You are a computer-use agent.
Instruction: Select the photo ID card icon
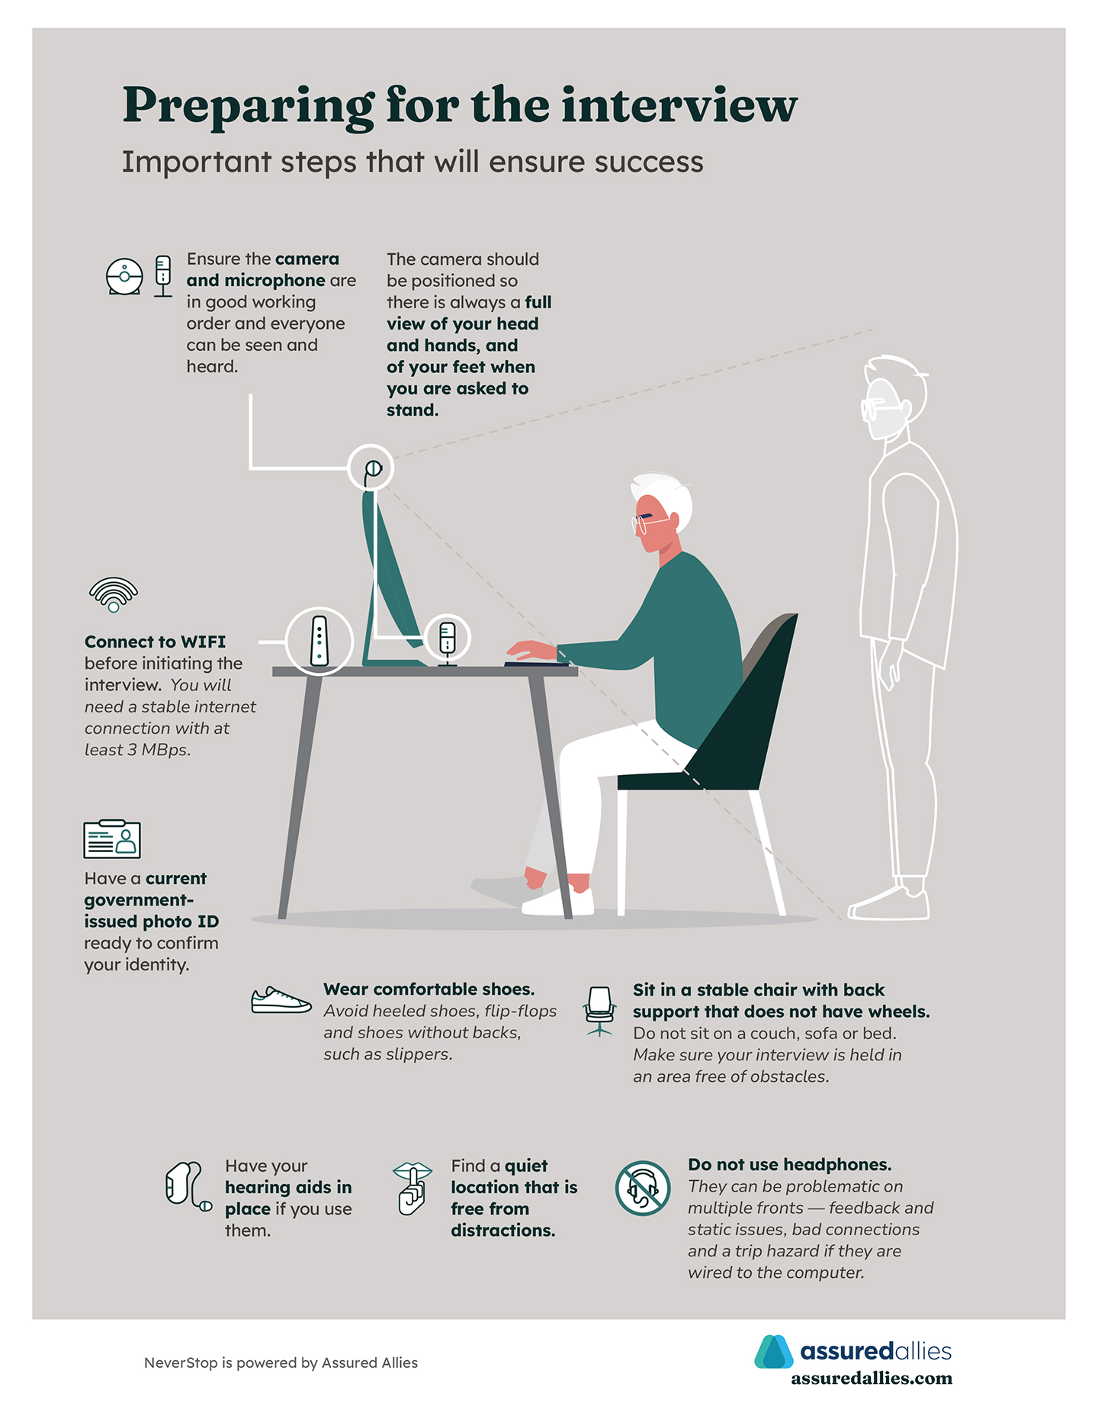pos(112,838)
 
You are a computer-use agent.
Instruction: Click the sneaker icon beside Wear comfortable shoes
pos(281,1000)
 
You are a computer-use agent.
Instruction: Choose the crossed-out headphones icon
pos(643,1188)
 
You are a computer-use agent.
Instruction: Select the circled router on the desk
pos(319,641)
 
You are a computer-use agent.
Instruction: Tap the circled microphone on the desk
pos(448,639)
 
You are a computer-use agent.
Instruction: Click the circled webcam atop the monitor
pos(371,468)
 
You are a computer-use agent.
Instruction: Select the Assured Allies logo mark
pos(774,1352)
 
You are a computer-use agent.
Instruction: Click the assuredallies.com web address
pos(872,1379)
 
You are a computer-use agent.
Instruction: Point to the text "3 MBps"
pos(158,750)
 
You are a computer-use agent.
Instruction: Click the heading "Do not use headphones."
pos(790,1165)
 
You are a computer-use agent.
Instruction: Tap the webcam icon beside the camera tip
pos(124,276)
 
